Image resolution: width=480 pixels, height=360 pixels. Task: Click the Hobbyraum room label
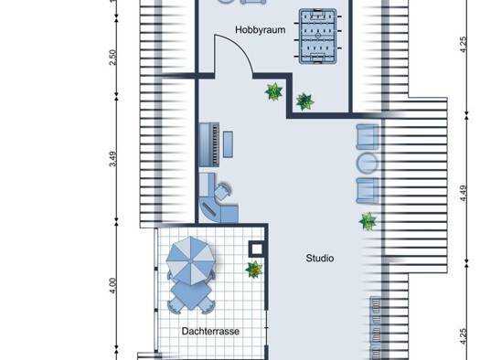(x=261, y=30)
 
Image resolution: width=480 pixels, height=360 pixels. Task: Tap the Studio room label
(x=320, y=259)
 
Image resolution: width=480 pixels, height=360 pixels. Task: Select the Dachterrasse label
(x=210, y=332)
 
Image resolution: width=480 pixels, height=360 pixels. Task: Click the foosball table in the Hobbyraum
(x=318, y=37)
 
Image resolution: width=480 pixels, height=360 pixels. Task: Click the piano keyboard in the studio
(x=209, y=144)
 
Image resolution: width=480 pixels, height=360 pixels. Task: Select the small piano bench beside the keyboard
(x=228, y=144)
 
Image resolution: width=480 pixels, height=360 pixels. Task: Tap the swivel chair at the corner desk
(x=223, y=191)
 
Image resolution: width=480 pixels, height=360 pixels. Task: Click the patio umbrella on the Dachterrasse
(x=190, y=260)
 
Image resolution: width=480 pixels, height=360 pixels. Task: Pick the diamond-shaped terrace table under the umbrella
(x=191, y=295)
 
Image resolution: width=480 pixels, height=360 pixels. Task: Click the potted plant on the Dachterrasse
(x=254, y=270)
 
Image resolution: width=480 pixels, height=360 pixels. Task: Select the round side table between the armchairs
(x=367, y=163)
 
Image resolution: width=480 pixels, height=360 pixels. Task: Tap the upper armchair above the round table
(x=368, y=137)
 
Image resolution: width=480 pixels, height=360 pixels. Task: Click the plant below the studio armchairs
(x=368, y=221)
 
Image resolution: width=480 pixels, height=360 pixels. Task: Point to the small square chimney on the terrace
(x=256, y=249)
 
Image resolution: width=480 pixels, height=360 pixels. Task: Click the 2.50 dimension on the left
(x=113, y=58)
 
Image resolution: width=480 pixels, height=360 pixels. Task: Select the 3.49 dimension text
(x=113, y=159)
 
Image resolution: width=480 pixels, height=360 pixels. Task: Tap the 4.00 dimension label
(x=113, y=286)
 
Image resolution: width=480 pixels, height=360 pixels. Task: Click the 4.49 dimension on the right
(x=464, y=194)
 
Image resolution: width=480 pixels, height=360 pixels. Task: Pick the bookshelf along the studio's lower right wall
(x=376, y=328)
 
